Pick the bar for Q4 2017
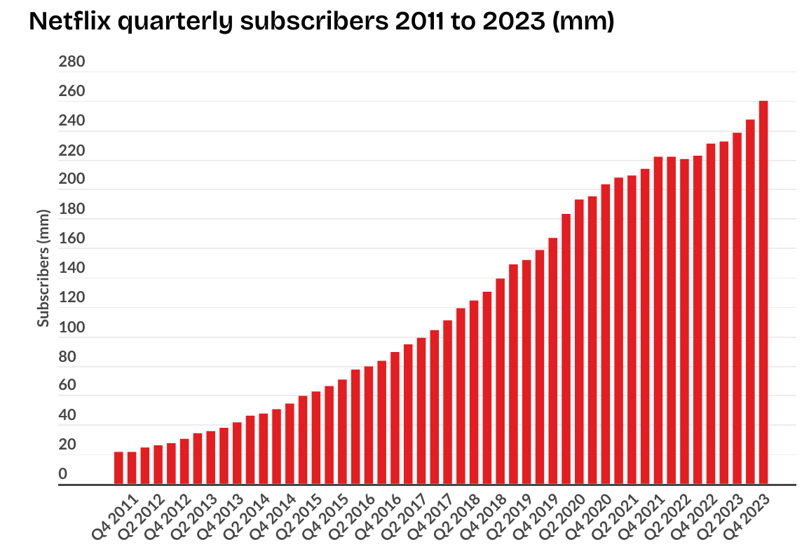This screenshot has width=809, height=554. click(434, 407)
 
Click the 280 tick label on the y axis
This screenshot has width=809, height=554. click(72, 62)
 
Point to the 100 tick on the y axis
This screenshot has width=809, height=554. click(72, 327)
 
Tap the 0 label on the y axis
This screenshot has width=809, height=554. click(62, 475)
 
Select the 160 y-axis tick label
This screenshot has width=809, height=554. click(72, 239)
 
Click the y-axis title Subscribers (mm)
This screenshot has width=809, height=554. click(43, 268)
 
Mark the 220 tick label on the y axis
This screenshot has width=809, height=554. click(72, 151)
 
